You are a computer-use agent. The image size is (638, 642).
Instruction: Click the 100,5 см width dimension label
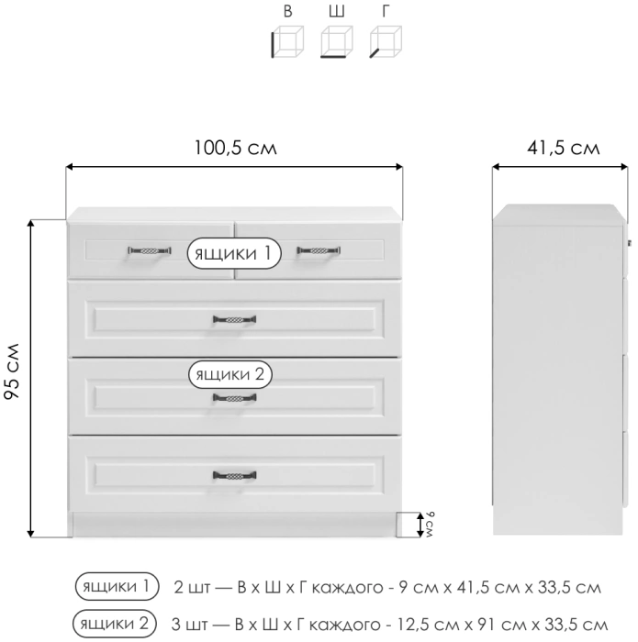point(235,148)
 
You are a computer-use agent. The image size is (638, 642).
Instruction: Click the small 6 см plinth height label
point(429,525)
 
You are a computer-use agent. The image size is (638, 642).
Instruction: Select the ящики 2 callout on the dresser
point(231,374)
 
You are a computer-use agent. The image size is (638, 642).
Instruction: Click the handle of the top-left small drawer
point(149,249)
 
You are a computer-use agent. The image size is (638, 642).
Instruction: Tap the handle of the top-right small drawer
point(318,249)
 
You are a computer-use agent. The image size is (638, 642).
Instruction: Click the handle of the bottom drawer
point(235,474)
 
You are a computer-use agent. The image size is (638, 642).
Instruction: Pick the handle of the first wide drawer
point(235,319)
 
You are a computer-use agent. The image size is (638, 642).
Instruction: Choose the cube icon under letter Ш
point(336,42)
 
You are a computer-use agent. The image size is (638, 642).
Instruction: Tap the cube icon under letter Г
point(386,42)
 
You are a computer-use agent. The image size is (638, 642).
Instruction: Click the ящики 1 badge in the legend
point(117,585)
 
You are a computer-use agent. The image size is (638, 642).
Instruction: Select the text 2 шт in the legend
point(189,585)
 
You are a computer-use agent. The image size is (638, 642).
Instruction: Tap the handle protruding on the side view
point(631,242)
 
